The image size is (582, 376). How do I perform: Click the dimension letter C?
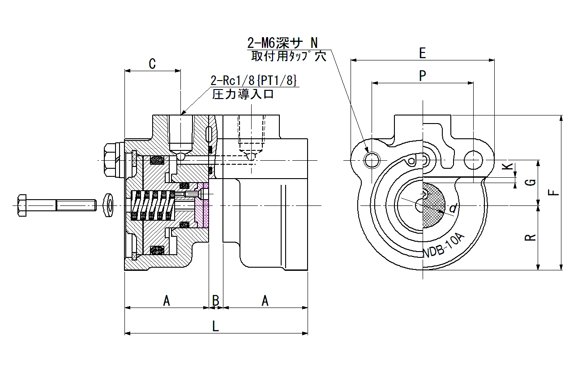(152, 64)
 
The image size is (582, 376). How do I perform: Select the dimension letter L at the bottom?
(216, 326)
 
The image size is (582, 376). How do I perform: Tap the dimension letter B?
(216, 301)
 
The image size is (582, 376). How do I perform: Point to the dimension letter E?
(423, 53)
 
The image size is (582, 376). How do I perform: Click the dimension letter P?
(423, 76)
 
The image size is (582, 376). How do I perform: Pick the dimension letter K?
(507, 166)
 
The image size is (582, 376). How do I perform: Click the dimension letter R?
(531, 238)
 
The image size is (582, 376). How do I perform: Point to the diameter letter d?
(454, 209)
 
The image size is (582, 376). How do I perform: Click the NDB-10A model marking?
(444, 246)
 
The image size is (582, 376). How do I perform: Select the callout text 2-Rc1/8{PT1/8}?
(253, 81)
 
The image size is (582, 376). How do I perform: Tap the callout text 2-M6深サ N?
(282, 43)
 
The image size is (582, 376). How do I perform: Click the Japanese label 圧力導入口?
(243, 94)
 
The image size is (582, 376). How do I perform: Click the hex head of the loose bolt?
(22, 205)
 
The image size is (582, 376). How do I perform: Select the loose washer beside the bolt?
(108, 205)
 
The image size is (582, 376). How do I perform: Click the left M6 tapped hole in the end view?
(372, 160)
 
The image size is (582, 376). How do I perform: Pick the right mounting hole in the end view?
(473, 160)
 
